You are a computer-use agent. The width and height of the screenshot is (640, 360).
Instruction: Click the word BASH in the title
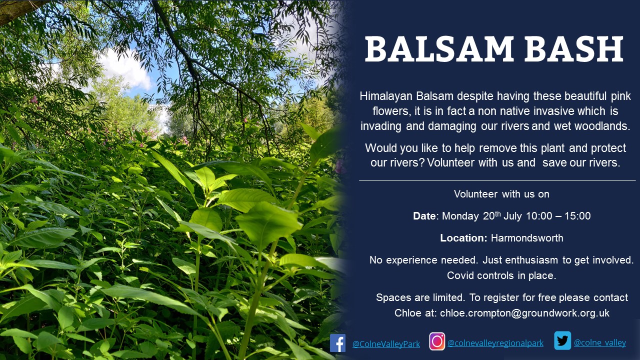pos(574,49)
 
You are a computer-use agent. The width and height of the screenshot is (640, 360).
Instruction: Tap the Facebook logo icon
pos(337,343)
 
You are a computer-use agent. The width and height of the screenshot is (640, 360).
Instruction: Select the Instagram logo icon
pos(437,341)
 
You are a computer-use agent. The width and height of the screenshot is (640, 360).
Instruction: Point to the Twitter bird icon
pos(562,340)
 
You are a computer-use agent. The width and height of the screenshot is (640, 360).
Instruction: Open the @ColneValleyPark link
pos(386,343)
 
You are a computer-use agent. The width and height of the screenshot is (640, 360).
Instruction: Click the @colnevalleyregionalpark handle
pos(495,343)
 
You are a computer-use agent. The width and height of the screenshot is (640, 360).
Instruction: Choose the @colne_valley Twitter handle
pos(600,342)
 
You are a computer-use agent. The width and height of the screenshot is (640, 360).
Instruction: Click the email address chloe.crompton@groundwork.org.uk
pos(524,313)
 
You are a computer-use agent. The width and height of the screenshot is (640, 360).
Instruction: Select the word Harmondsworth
pos(527,238)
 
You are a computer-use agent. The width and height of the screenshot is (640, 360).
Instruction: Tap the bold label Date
pos(424,216)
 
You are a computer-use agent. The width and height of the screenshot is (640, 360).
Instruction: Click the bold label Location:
pos(463,238)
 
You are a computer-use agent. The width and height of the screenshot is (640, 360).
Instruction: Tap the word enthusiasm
pos(531,260)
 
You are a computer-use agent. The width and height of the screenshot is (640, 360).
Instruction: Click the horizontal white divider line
pos(497,180)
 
